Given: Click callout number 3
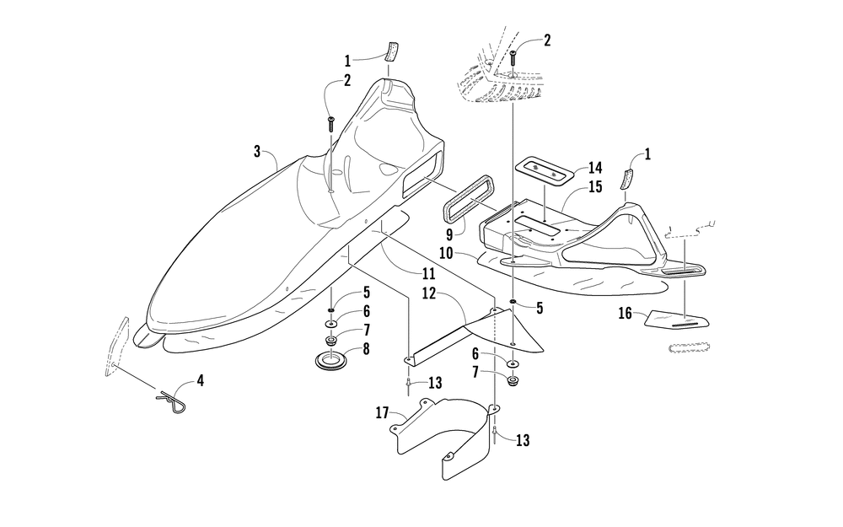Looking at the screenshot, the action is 257,152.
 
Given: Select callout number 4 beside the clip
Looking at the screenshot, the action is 200,381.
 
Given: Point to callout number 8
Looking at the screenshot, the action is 366,349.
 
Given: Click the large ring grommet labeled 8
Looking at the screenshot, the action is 331,359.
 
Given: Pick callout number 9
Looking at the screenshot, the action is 450,234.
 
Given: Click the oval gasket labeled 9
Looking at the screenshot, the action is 468,196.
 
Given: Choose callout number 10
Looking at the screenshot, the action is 446,253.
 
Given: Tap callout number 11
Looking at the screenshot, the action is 428,274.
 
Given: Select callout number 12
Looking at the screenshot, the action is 428,293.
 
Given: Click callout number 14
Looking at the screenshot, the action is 595,168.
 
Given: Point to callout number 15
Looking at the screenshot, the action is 595,187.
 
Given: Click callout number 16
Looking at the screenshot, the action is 625,313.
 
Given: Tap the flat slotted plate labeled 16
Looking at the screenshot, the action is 677,320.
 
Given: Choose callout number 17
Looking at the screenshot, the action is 382,413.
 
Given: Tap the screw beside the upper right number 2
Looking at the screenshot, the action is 513,62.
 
